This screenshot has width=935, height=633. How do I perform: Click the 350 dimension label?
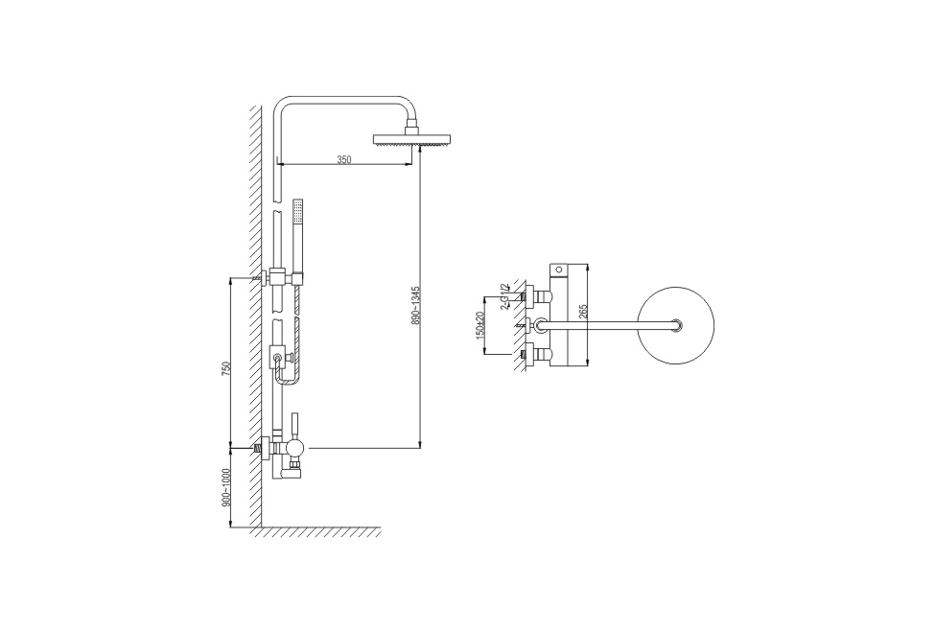point(344,159)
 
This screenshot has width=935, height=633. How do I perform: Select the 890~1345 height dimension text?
point(416,305)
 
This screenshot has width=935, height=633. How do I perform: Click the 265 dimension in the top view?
point(583,312)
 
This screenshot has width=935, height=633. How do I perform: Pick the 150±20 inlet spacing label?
point(481,326)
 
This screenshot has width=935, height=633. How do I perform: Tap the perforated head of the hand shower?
point(297,212)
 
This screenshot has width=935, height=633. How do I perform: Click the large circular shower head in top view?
point(676,325)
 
